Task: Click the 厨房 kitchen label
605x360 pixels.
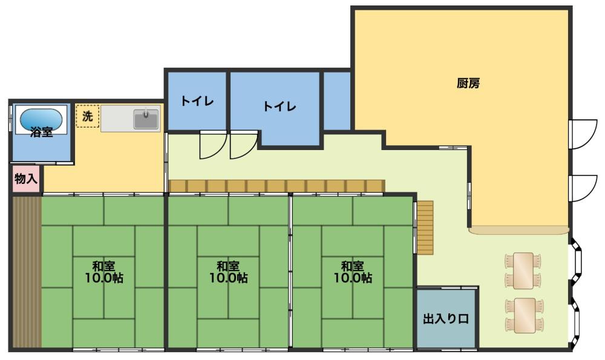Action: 468,84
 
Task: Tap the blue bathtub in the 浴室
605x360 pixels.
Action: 41,120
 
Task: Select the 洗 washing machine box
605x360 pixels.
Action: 87,117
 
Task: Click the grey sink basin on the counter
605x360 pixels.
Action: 146,119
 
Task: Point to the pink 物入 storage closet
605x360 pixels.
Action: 26,179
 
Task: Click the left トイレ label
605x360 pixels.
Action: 197,101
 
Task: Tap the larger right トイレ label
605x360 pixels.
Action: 280,106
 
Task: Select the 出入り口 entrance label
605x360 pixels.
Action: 446,319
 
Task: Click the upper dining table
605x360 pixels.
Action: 523,269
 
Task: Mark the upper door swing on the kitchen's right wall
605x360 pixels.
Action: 583,133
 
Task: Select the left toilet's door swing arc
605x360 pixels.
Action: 212,146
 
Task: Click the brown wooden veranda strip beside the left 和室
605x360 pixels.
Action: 26,272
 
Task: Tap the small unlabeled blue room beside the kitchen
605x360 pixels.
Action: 337,101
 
